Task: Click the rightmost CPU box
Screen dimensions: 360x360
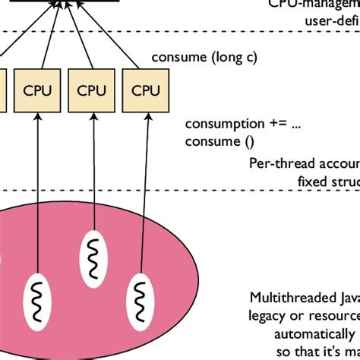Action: (x=141, y=90)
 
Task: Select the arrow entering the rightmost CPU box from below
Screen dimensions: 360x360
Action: (x=141, y=190)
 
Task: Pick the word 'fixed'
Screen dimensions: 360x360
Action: (x=311, y=180)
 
